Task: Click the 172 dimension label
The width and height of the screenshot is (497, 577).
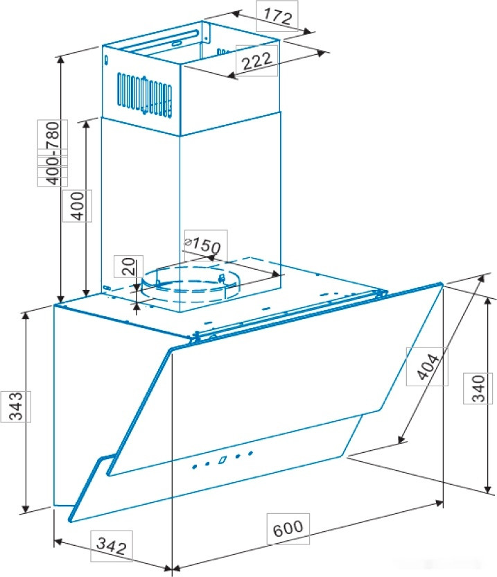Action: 275,15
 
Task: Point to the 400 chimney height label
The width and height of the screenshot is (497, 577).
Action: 77,205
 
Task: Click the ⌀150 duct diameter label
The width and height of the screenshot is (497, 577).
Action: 203,244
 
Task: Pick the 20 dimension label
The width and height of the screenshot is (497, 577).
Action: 127,266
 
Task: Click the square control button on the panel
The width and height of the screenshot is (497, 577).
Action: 223,459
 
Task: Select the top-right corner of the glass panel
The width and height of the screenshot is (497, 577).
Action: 440,284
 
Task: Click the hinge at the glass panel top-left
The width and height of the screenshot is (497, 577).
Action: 198,337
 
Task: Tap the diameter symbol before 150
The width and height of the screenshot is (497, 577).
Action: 187,241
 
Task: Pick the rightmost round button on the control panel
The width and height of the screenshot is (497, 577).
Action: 250,454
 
